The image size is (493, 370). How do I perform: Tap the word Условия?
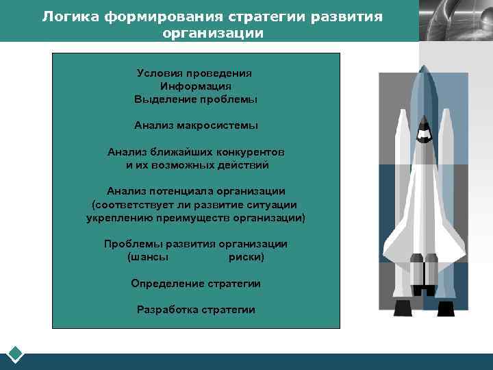[161, 73]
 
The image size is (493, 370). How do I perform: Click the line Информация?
[196, 86]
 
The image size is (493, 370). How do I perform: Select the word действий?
[243, 165]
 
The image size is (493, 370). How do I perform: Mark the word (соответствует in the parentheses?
[129, 204]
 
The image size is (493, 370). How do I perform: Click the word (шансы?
[148, 257]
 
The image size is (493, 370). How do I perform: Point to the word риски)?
[246, 257]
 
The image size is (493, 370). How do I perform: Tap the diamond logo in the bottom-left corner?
[16, 354]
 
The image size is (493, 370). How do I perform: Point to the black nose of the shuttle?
[424, 127]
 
